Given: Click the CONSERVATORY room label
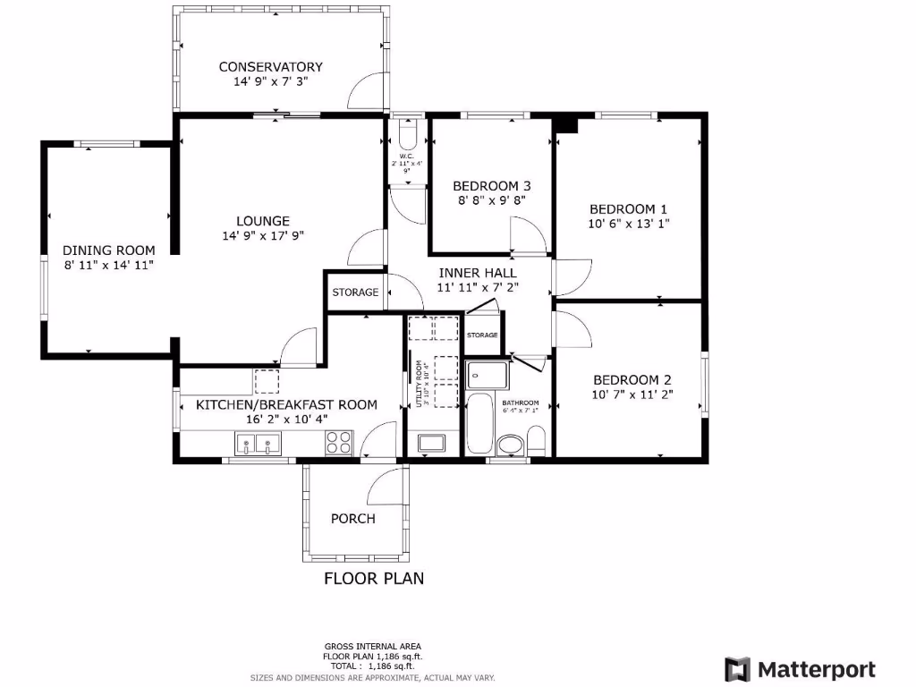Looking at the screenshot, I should (270, 67).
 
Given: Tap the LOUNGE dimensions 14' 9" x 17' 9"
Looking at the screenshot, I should (262, 236).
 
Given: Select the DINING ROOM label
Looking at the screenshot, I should (108, 250).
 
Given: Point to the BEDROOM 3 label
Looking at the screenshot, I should (491, 186).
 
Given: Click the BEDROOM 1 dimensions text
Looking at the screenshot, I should (628, 225).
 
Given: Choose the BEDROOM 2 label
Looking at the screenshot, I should (632, 378).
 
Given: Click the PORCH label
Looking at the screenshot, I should (352, 519).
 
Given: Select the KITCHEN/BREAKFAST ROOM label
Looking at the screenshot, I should (286, 404).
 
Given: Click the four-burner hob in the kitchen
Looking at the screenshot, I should (339, 442).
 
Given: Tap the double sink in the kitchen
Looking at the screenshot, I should (258, 443).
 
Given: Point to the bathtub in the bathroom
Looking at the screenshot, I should (479, 424).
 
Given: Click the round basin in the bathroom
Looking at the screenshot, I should (511, 444).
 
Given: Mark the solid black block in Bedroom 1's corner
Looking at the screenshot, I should (567, 123).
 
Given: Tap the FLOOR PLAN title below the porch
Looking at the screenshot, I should (373, 579).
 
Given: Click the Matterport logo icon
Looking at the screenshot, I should (737, 669).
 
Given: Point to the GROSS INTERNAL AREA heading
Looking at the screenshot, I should (372, 646).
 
